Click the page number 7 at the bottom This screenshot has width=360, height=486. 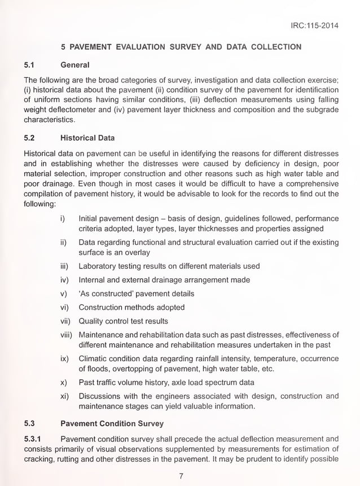pos(181,476)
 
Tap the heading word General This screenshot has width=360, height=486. pos(75,65)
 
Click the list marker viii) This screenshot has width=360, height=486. pos(67,335)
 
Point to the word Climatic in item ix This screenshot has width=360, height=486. pos(94,358)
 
